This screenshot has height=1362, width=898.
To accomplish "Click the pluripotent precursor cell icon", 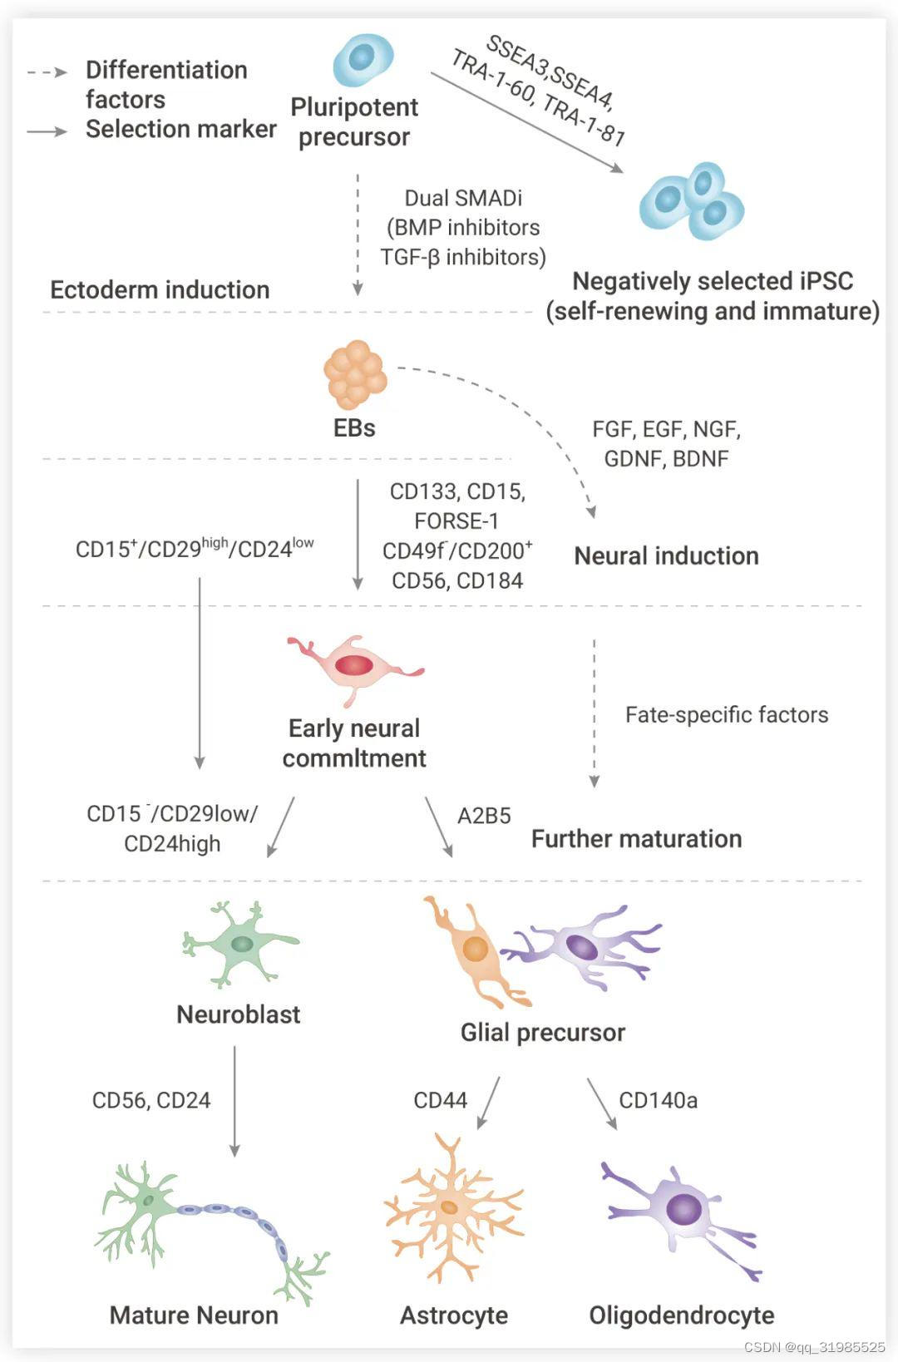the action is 363,60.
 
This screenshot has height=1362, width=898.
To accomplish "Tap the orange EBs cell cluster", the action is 355,374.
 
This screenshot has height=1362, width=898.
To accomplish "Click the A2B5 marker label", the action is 484,816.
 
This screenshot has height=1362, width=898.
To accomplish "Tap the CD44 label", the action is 440,1100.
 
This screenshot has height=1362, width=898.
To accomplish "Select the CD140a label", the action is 658,1100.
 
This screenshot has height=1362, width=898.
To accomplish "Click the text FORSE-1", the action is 456,521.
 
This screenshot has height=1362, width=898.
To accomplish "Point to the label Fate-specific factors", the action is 727,714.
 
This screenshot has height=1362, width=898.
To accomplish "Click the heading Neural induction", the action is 666,555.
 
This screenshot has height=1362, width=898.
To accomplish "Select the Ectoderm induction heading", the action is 160,289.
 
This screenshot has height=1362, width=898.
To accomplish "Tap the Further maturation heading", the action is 637,839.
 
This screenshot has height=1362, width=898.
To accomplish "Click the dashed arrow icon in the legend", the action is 47,72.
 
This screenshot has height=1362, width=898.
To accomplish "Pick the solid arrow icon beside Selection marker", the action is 47,131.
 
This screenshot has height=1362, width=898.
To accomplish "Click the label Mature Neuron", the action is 194,1315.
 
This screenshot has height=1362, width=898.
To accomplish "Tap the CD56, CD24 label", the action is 151,1100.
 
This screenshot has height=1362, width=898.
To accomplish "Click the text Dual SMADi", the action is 463,198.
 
